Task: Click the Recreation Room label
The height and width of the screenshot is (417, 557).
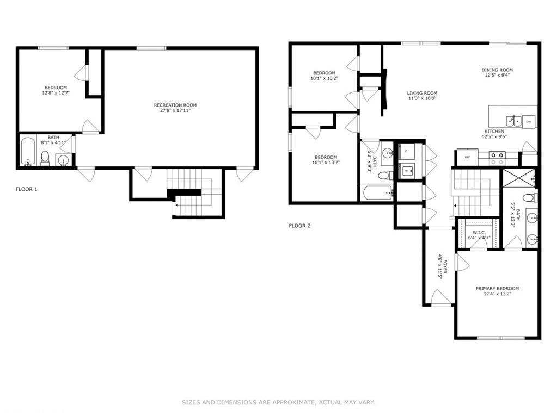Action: (x=175, y=105)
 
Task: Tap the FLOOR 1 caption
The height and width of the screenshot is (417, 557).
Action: (x=27, y=189)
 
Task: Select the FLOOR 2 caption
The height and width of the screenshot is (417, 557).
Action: (x=299, y=226)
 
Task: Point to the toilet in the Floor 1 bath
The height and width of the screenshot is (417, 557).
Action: (x=45, y=158)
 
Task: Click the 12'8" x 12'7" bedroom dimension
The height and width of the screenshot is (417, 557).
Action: (x=56, y=93)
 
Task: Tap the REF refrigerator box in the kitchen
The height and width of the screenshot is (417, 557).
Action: (x=467, y=157)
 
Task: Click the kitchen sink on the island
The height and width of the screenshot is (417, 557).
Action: (x=511, y=120)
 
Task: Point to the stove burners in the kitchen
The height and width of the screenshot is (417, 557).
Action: (x=497, y=158)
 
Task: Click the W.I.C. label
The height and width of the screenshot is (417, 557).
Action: (x=479, y=232)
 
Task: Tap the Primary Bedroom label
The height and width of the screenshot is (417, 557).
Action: (x=497, y=288)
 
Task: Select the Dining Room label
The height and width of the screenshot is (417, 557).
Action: (x=497, y=70)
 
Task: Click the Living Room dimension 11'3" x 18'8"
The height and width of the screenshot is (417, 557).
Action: (x=422, y=98)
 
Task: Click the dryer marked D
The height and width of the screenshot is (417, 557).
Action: (x=406, y=151)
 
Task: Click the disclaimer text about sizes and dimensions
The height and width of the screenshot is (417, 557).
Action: (x=278, y=402)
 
